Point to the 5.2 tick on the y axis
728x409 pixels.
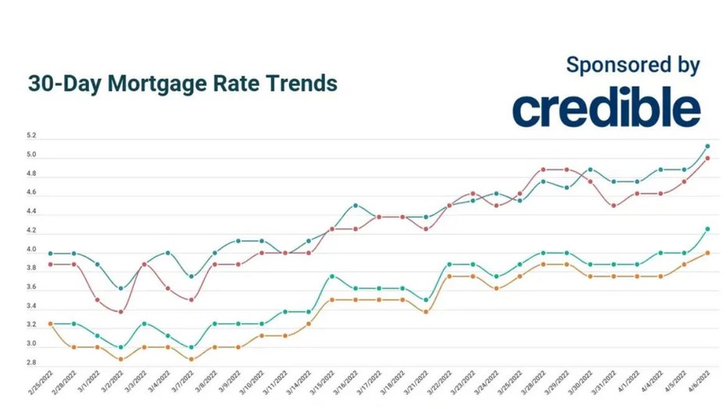pos(31,136)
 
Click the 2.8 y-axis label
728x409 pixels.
pos(31,363)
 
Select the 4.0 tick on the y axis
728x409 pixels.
pos(31,250)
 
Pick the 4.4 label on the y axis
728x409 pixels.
pos(31,212)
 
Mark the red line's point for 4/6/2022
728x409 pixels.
pos(707,158)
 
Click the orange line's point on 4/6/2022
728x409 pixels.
pos(707,252)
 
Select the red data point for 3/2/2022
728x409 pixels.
pos(120,312)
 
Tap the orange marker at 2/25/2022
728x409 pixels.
pos(50,323)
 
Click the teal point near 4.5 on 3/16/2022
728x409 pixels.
pos(355,205)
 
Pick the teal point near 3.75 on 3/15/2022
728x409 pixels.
pos(332,276)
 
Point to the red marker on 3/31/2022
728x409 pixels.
pos(613,206)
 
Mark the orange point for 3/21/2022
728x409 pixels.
pos(426,312)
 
